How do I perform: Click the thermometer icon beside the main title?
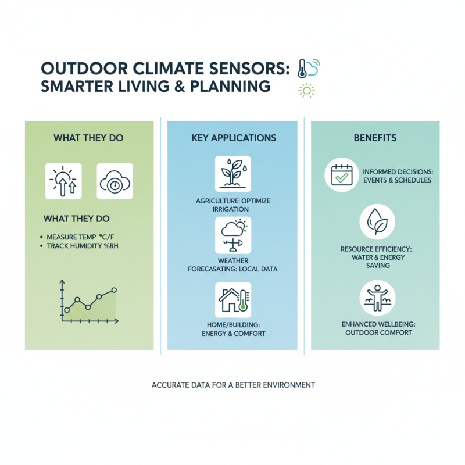(x=301, y=69)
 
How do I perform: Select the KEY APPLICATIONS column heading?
(x=233, y=138)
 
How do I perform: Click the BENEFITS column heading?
(x=375, y=138)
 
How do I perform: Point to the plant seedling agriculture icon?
(x=233, y=173)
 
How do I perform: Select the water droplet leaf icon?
(x=377, y=222)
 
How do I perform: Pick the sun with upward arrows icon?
(x=63, y=181)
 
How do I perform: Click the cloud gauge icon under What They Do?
(x=114, y=181)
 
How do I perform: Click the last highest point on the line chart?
(x=114, y=289)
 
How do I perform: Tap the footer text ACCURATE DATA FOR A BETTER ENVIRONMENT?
(x=233, y=385)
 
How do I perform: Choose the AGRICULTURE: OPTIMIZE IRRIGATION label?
(x=233, y=205)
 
